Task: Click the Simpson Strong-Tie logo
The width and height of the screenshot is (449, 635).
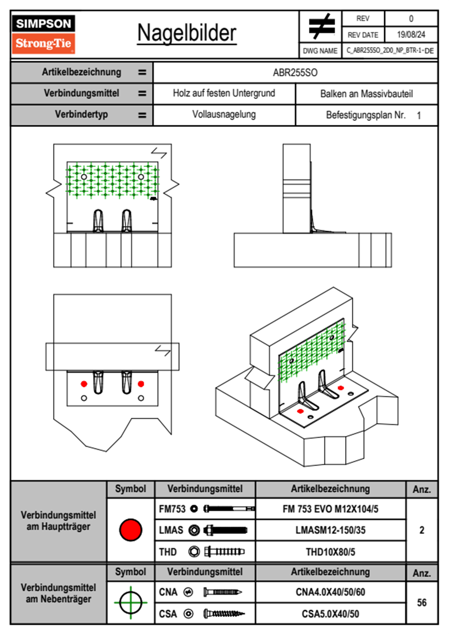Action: [x=43, y=34]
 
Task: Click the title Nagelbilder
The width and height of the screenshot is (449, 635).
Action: [x=187, y=33]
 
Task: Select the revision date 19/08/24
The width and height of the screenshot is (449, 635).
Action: [x=411, y=35]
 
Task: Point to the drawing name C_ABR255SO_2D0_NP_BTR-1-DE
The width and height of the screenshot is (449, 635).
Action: [x=390, y=51]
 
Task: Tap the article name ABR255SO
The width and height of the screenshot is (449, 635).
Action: [x=295, y=72]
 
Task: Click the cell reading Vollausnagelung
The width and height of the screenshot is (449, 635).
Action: [x=224, y=114]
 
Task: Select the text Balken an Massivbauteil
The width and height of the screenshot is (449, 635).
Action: [x=366, y=94]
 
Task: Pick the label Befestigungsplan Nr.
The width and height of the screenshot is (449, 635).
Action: [x=366, y=115]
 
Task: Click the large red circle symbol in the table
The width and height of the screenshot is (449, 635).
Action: [x=131, y=530]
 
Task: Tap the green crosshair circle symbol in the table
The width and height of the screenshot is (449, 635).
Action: [x=131, y=603]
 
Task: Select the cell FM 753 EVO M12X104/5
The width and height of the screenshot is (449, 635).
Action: [x=330, y=509]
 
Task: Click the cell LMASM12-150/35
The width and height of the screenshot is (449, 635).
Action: [x=330, y=530]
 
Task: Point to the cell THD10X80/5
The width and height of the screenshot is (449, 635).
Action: [x=330, y=552]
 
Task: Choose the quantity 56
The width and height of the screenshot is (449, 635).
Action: [x=421, y=603]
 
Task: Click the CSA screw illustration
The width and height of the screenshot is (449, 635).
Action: [x=224, y=613]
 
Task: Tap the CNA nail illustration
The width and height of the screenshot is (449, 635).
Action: [x=223, y=592]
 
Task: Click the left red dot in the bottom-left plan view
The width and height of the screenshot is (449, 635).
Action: [x=84, y=384]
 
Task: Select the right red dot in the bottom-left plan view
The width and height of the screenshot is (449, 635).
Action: [x=141, y=384]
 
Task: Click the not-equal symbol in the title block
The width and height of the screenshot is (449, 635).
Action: [x=321, y=26]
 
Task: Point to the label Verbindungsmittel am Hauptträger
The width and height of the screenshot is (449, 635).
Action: [x=58, y=521]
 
